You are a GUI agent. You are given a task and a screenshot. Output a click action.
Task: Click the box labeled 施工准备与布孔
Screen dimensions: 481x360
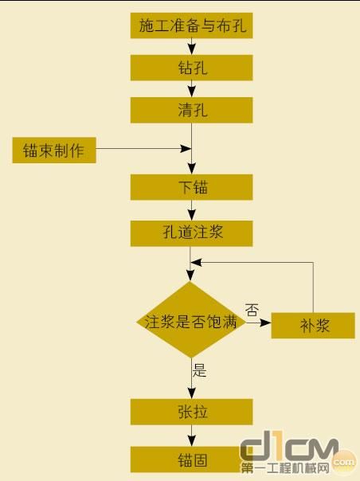pos(192,25)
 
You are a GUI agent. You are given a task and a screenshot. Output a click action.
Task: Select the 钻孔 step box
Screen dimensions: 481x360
pos(192,67)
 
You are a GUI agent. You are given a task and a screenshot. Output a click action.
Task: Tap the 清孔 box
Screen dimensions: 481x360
pos(192,109)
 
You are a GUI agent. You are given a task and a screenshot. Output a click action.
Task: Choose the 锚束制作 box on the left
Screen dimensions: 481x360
pos(54,150)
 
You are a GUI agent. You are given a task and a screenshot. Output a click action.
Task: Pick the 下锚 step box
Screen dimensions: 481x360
pos(192,187)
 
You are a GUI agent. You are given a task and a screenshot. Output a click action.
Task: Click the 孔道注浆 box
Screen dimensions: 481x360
pos(192,233)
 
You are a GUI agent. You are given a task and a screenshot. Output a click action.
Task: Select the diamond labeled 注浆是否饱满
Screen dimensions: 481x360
pos(190,323)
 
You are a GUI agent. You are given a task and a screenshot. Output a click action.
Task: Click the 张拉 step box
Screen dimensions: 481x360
pos(192,412)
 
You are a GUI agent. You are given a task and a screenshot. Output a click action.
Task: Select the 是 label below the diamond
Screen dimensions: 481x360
pos(200,370)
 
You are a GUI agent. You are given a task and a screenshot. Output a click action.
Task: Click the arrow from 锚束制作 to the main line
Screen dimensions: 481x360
pos(143,149)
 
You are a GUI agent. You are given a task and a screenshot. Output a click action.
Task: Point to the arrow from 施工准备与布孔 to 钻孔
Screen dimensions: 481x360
pos(192,46)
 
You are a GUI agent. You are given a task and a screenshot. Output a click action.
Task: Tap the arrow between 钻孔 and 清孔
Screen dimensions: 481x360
pos(192,88)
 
